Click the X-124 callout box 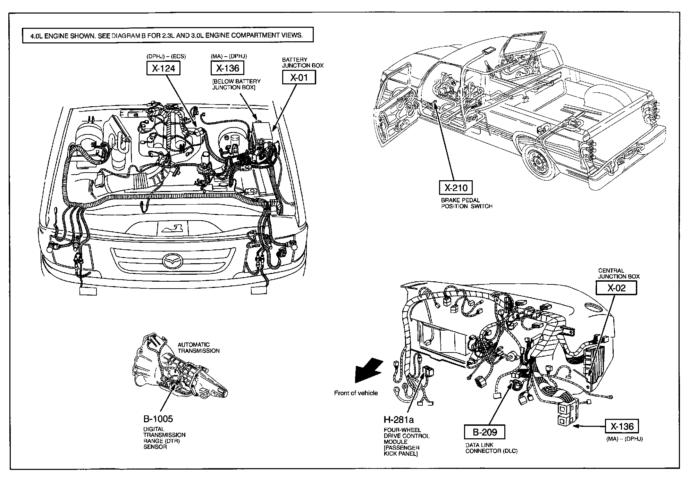pyautogui.click(x=163, y=68)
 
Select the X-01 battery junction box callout pyautogui.click(x=298, y=77)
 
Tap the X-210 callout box pyautogui.click(x=456, y=188)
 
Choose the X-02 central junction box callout pyautogui.click(x=616, y=288)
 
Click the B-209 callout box pyautogui.click(x=485, y=432)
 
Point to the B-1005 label pyautogui.click(x=158, y=418)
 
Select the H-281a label pyautogui.click(x=398, y=420)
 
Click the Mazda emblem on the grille pyautogui.click(x=172, y=260)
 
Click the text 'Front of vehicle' pyautogui.click(x=356, y=393)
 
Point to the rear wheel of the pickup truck pyautogui.click(x=537, y=160)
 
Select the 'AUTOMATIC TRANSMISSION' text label pyautogui.click(x=199, y=348)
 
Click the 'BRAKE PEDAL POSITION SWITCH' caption pyautogui.click(x=466, y=203)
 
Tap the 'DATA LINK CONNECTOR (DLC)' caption pyautogui.click(x=491, y=448)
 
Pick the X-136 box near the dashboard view pyautogui.click(x=622, y=426)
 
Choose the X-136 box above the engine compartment pyautogui.click(x=227, y=68)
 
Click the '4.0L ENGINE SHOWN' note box pyautogui.click(x=168, y=35)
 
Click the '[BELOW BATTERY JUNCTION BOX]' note pyautogui.click(x=236, y=84)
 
